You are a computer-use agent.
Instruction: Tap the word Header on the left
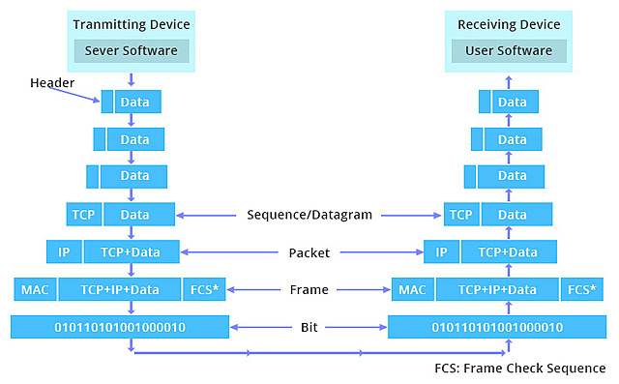pos(51,83)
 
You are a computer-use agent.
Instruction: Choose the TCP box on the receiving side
pos(460,215)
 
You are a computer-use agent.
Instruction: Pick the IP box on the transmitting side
pos(64,252)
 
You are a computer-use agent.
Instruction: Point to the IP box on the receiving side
pos(441,252)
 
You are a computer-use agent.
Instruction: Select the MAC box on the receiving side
pos(412,289)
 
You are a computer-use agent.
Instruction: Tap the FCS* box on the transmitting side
pos(203,289)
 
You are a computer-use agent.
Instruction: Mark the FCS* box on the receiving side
pos(581,289)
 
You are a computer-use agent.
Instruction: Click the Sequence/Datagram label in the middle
pos(309,215)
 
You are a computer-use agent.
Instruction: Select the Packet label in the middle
pos(309,252)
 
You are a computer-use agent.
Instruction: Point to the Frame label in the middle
pos(309,289)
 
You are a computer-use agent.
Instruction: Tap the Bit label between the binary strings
pos(309,327)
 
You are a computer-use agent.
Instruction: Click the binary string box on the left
pos(120,327)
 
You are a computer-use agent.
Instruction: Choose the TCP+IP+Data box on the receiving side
pos(498,289)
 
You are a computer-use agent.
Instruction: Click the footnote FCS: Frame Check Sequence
pos(520,369)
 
